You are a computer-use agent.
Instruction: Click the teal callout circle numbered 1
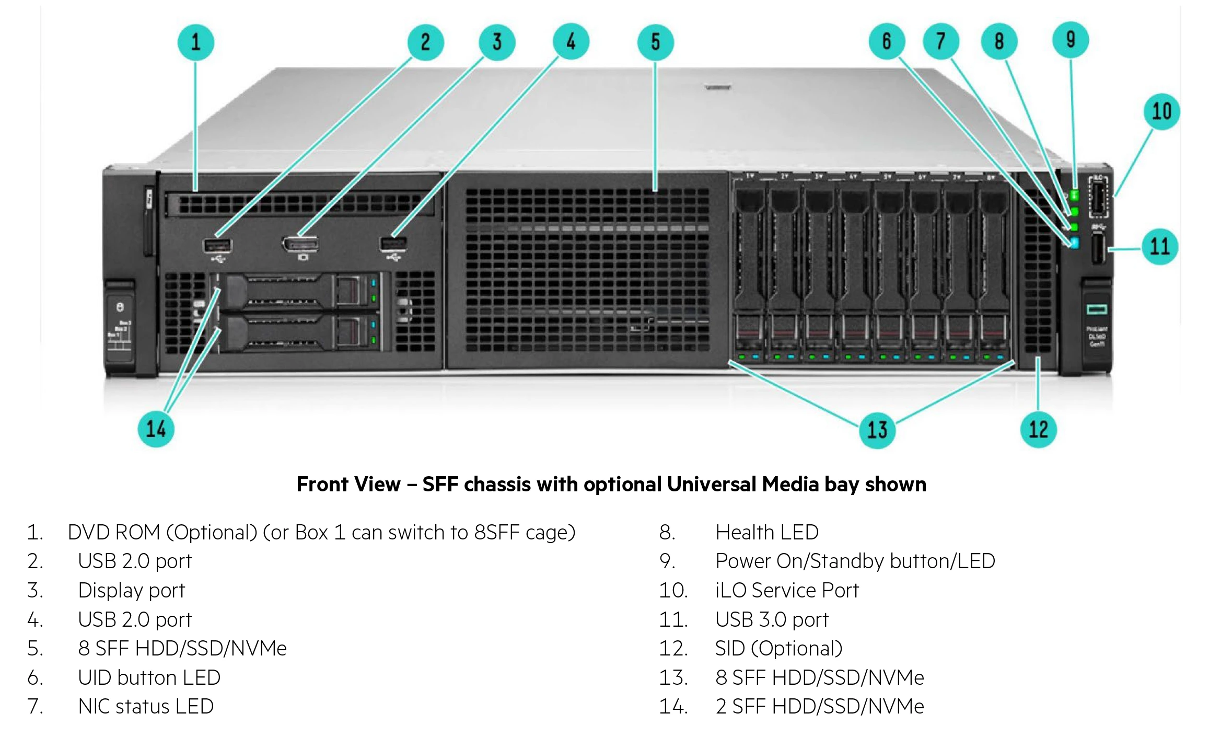[195, 42]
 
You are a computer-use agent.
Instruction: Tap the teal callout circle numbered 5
[655, 42]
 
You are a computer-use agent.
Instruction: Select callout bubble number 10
[1161, 111]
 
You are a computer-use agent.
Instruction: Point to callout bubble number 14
[156, 429]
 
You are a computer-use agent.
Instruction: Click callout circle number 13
[877, 430]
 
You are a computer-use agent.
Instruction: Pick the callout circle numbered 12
[1038, 430]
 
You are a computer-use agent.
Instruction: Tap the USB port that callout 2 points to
[217, 245]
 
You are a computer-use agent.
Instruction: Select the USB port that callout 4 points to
[393, 244]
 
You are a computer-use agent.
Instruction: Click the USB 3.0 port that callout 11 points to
[1098, 248]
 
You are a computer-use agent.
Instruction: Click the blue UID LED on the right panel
[1074, 243]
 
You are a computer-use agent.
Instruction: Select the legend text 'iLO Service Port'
[786, 591]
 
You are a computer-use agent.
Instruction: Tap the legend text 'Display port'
[131, 591]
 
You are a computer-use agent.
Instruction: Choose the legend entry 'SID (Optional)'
[778, 649]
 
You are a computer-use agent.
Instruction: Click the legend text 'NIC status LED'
[146, 707]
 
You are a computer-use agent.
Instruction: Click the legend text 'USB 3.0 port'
[772, 620]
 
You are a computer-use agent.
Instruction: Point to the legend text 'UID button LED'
[149, 678]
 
